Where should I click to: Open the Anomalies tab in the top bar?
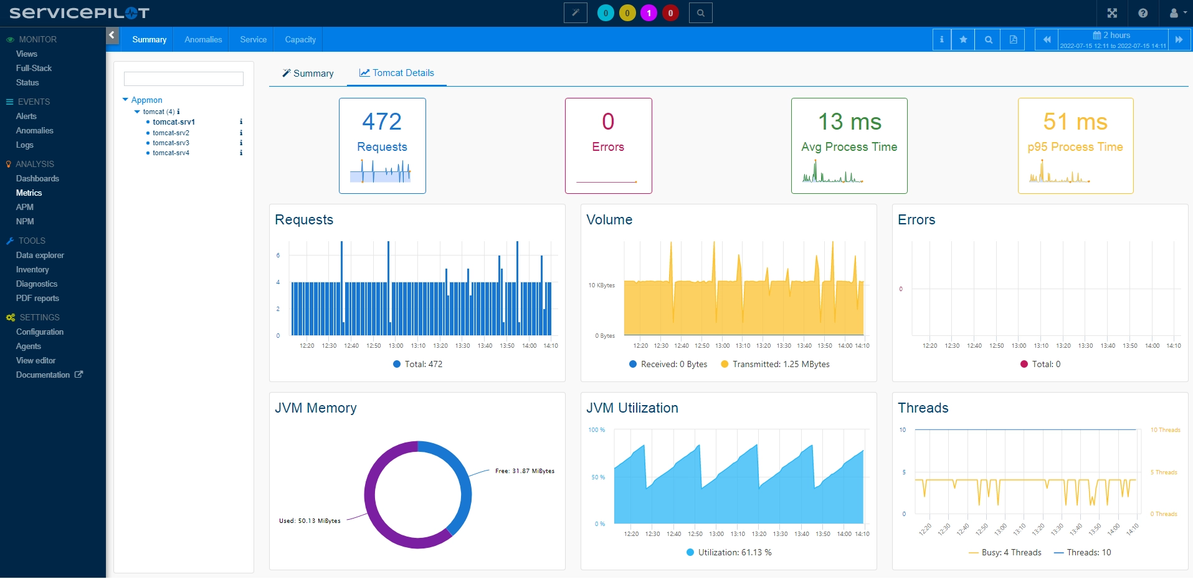[203, 39]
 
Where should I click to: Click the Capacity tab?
[300, 39]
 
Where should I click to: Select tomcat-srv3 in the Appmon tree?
[171, 143]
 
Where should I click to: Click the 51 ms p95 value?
[1075, 122]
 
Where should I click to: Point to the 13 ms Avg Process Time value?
[849, 122]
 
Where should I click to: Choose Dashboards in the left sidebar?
[37, 178]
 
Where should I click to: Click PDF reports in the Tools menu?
[37, 298]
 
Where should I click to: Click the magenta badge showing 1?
[649, 12]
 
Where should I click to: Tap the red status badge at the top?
[670, 12]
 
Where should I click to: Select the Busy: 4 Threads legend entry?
[1005, 552]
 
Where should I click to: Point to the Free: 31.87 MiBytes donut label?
[525, 471]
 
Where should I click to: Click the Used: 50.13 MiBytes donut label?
[310, 521]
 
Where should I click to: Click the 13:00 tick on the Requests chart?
[396, 346]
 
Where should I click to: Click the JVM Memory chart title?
[316, 408]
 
